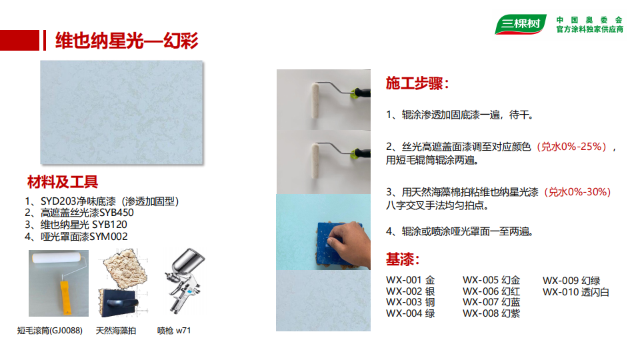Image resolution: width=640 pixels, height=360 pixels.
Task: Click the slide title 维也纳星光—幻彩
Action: click(x=127, y=41)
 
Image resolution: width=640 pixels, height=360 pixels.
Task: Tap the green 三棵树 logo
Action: click(x=520, y=24)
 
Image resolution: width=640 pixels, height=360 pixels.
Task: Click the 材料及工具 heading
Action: click(x=63, y=182)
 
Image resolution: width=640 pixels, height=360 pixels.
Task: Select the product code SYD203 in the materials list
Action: click(x=59, y=201)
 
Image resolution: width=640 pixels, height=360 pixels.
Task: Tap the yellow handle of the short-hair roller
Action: click(x=65, y=297)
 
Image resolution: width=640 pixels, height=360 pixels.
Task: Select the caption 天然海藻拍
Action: click(x=116, y=331)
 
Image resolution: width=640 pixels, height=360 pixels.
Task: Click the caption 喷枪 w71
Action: click(x=174, y=331)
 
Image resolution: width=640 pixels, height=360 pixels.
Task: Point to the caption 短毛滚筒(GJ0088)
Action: click(x=50, y=331)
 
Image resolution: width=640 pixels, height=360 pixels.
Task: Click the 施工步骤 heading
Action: click(x=417, y=83)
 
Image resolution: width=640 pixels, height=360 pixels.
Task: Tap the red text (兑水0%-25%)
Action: click(x=571, y=147)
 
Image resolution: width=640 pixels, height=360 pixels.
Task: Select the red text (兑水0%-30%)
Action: click(x=577, y=192)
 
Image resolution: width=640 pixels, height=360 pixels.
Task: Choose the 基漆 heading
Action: click(x=403, y=259)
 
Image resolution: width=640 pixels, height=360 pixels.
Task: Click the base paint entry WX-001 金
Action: click(x=410, y=280)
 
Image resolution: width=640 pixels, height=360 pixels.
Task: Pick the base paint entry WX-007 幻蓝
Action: click(x=491, y=302)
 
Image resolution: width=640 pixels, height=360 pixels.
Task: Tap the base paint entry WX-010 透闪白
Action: click(x=575, y=292)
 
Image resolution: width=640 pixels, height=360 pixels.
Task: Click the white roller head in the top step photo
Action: click(x=315, y=101)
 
